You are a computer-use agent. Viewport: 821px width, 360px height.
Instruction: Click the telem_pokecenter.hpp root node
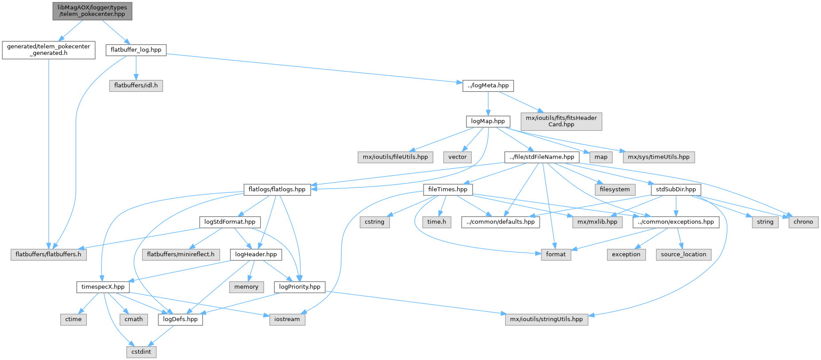coord(92,11)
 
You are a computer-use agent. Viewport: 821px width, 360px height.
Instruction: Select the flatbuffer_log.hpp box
coord(136,50)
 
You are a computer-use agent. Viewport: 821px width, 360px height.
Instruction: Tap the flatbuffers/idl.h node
coord(136,85)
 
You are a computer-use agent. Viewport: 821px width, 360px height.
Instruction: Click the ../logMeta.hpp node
coord(488,85)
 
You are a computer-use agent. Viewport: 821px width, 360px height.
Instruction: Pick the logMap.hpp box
coord(488,121)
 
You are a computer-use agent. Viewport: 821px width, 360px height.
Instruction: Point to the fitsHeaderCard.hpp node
coord(561,121)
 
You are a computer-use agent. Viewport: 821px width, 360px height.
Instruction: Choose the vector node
coord(457,157)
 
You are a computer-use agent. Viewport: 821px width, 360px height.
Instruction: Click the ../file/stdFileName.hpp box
coord(541,157)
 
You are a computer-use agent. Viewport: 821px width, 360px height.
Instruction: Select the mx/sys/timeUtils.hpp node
coord(658,157)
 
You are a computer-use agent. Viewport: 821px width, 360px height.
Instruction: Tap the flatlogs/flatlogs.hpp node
coord(277,190)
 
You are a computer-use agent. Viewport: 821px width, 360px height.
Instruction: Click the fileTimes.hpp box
coord(447,190)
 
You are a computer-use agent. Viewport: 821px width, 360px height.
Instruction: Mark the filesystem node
coord(615,190)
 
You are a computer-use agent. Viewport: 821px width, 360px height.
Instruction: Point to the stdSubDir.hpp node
coord(676,190)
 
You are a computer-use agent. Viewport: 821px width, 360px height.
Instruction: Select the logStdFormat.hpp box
coord(230,222)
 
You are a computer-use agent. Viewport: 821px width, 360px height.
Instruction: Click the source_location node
coord(683,255)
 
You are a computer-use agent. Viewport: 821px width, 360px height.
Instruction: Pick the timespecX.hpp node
coord(103,287)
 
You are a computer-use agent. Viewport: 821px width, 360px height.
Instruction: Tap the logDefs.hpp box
coord(180,319)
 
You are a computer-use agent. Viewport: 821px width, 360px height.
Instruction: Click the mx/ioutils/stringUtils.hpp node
coord(546,319)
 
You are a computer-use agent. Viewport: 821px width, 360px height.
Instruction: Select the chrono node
coord(803,222)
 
